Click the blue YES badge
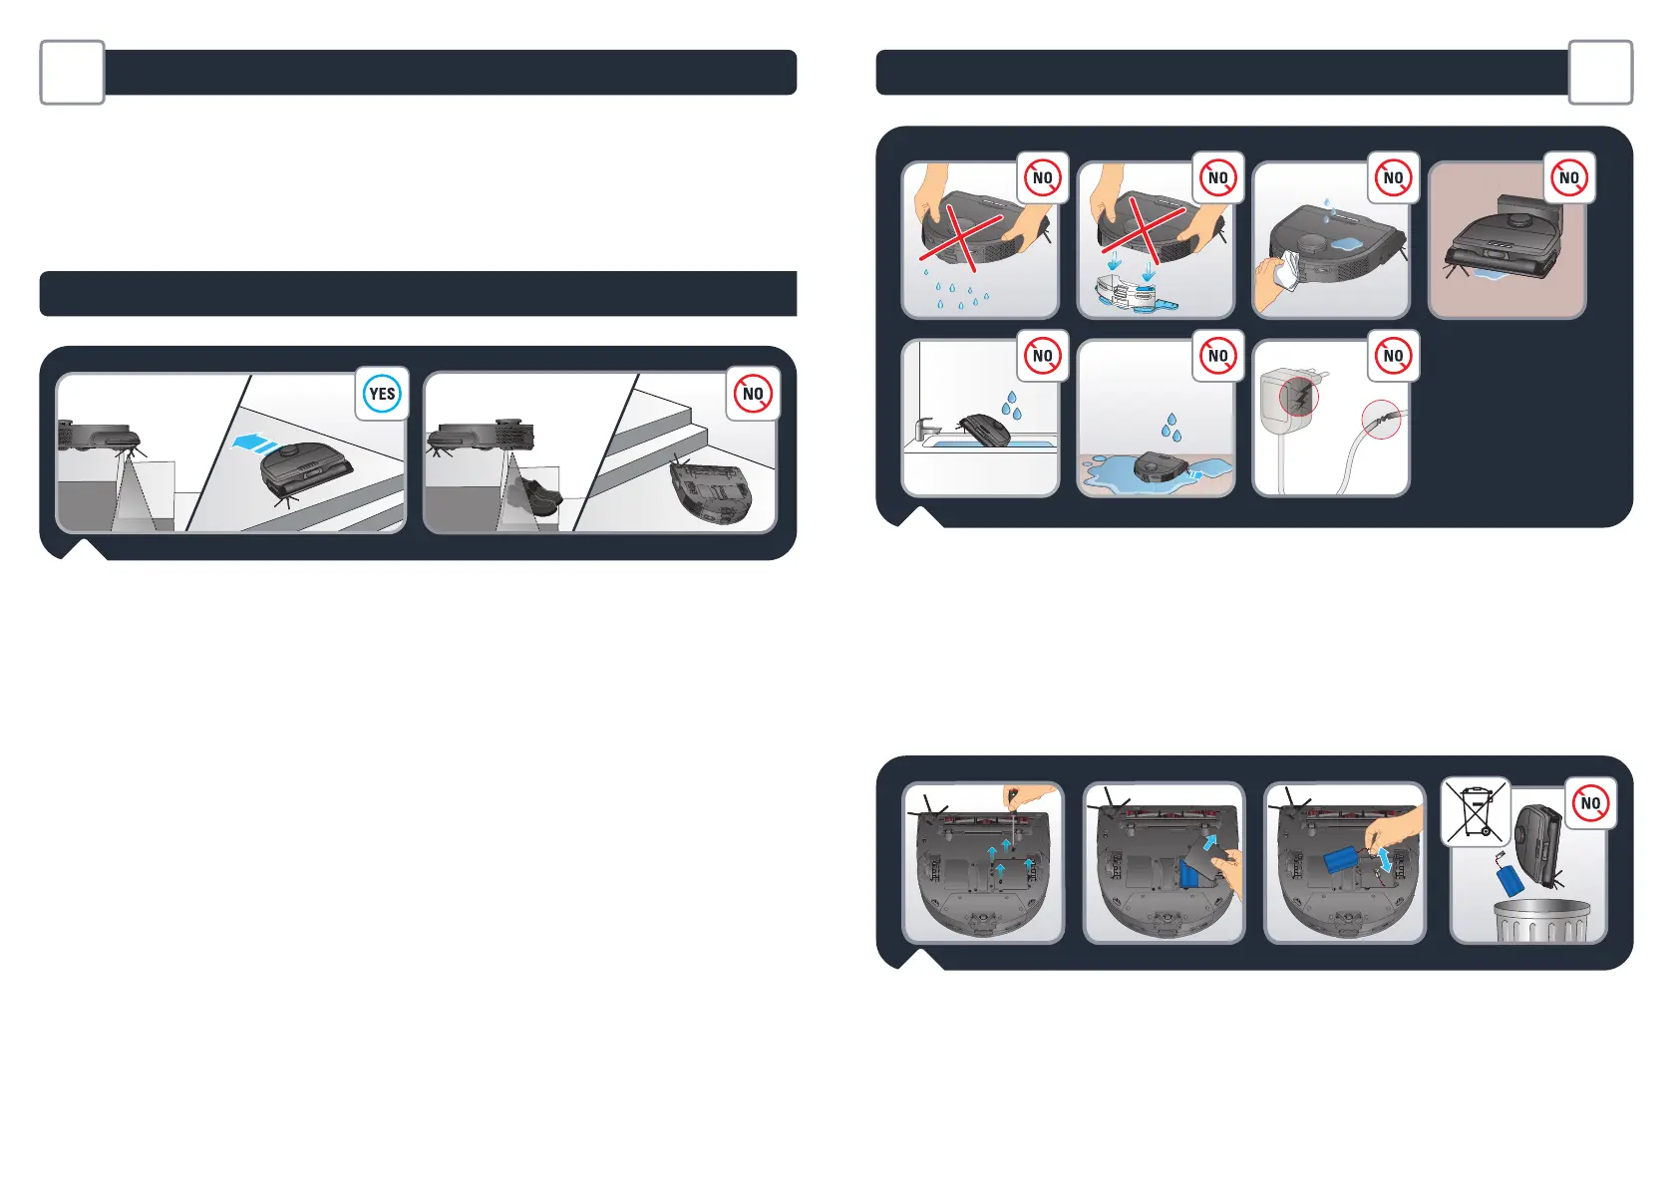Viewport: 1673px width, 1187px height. [x=382, y=394]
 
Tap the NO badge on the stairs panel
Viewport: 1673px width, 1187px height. [x=753, y=394]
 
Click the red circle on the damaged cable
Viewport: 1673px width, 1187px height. [x=1381, y=421]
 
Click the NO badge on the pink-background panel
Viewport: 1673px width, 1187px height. [x=1568, y=178]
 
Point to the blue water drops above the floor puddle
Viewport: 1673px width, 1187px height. [x=1171, y=428]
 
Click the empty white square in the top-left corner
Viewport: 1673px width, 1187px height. [x=72, y=73]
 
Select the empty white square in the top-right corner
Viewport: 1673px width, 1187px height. [x=1600, y=73]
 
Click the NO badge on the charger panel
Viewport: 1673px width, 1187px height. [x=1393, y=356]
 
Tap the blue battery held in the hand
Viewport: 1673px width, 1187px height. [x=1351, y=862]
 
